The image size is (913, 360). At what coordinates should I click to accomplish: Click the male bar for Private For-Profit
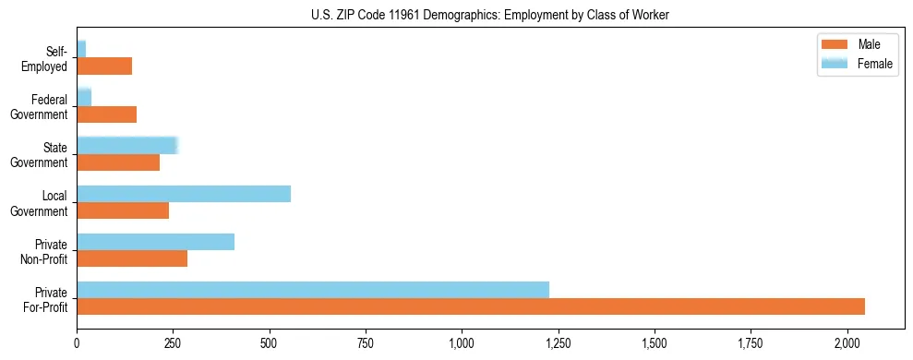pyautogui.click(x=471, y=306)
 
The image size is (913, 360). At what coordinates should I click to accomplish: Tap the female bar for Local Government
pyautogui.click(x=184, y=194)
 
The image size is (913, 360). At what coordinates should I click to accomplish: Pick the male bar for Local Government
pyautogui.click(x=123, y=210)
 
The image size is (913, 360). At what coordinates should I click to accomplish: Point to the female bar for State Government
pyautogui.click(x=126, y=145)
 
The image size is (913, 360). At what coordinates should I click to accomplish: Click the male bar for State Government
pyautogui.click(x=118, y=162)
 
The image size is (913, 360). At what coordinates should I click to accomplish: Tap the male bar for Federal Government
pyautogui.click(x=106, y=114)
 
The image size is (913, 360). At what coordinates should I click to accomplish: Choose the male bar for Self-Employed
pyautogui.click(x=104, y=66)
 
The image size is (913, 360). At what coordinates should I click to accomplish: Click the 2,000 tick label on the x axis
pyautogui.click(x=847, y=343)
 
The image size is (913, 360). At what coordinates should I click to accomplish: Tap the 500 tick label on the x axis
pyautogui.click(x=269, y=343)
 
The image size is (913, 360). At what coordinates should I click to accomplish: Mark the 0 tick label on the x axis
pyautogui.click(x=77, y=343)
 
